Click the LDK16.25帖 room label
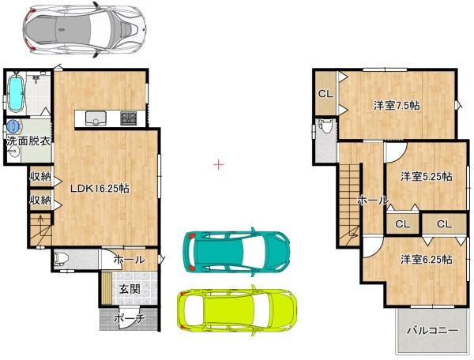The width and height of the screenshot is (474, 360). tap(100, 189)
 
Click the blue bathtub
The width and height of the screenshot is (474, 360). tap(17, 93)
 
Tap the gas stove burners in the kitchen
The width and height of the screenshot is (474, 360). tap(129, 118)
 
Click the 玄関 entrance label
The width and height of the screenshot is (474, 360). tap(130, 289)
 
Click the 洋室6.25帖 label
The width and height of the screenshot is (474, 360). tap(425, 259)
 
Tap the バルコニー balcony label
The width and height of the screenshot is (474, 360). tap(432, 330)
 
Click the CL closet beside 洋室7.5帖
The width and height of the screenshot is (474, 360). tap(325, 94)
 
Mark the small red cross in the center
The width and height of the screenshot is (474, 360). tap(218, 165)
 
